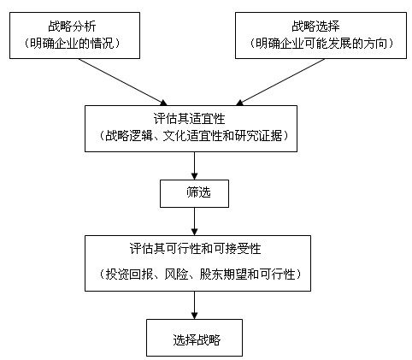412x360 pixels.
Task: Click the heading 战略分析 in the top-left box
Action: coord(72,27)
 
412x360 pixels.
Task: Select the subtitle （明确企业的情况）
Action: coord(72,44)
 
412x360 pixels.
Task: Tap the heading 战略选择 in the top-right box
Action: coord(315,27)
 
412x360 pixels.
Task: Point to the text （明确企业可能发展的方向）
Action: coord(321,44)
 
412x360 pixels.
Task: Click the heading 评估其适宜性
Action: coord(190,119)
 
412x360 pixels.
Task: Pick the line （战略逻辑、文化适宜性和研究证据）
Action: coord(194,136)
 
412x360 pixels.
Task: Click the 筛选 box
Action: coord(194,193)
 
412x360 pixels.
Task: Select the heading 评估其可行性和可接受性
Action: coord(195,249)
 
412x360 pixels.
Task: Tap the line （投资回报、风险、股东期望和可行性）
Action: coord(200,274)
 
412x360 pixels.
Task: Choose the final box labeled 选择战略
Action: coord(194,338)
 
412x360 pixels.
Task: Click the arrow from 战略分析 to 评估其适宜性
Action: coord(123,82)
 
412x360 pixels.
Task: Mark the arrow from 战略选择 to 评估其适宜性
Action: coord(280,82)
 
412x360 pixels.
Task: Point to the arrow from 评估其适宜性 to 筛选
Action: coord(194,166)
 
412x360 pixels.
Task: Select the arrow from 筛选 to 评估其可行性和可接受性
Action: coord(194,221)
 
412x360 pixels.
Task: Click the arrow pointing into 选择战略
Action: coord(194,305)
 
